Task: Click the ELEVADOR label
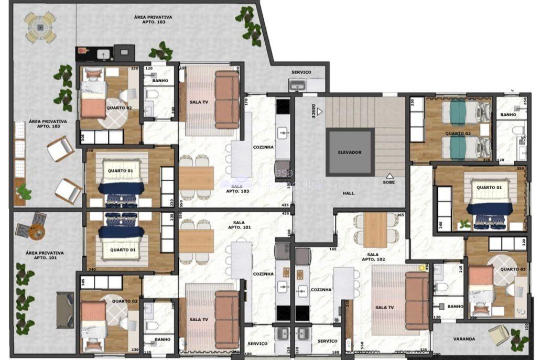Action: click(350, 152)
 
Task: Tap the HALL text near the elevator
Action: click(349, 193)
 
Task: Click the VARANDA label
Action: click(464, 339)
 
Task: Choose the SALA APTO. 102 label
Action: click(373, 256)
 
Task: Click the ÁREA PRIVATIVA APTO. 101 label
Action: click(45, 255)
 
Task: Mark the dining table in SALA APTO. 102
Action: click(375, 230)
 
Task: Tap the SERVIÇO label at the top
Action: click(301, 72)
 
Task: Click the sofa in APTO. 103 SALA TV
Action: click(227, 100)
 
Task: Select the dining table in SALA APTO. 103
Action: click(196, 178)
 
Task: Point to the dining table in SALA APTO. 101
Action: click(196, 241)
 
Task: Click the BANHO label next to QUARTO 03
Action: click(455, 307)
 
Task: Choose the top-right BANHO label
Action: click(508, 114)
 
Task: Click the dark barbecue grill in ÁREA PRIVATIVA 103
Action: click(124, 51)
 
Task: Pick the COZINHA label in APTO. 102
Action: click(321, 289)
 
